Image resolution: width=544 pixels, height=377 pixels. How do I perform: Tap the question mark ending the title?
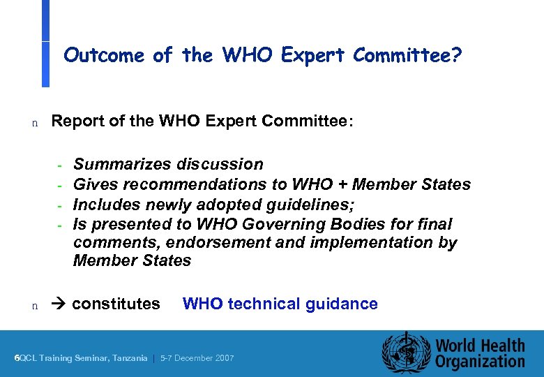coord(456,55)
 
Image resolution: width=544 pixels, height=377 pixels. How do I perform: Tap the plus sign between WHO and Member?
coord(342,184)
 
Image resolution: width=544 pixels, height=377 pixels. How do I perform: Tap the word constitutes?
coord(116,304)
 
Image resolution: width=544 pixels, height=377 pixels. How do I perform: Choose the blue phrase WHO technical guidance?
coord(280,304)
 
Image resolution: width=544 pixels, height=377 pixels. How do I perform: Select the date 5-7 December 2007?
coord(197,358)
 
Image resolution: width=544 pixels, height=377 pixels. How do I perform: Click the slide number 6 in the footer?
coord(17,358)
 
